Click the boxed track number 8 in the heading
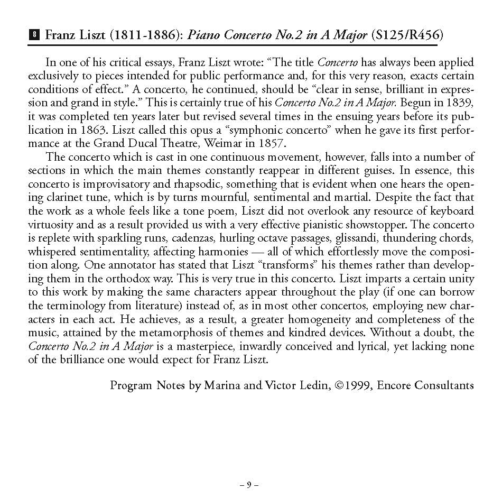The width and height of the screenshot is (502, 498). click(x=34, y=36)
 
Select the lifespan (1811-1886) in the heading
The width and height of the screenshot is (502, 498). click(x=143, y=36)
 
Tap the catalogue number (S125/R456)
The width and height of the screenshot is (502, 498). click(x=407, y=36)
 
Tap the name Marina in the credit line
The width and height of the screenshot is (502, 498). click(x=223, y=385)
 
